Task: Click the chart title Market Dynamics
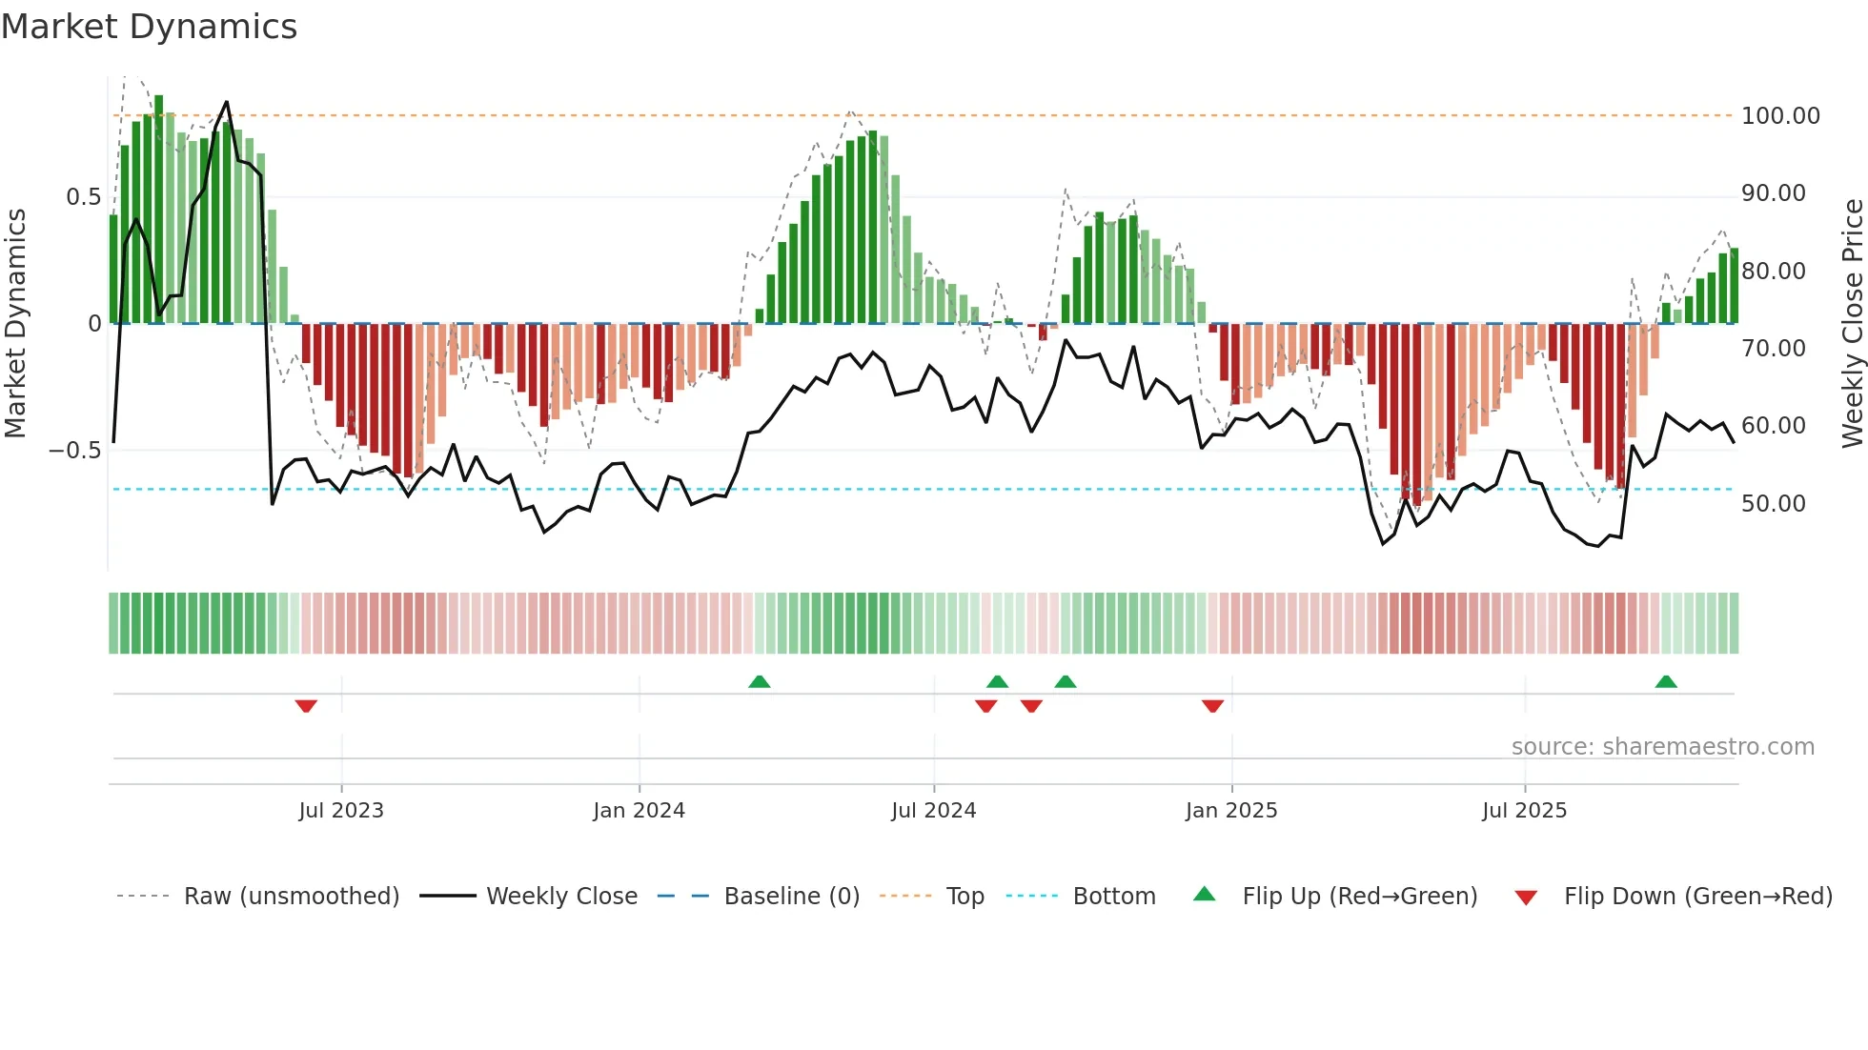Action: tap(150, 27)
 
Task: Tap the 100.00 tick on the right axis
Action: tap(1779, 116)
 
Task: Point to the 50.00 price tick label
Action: tap(1773, 504)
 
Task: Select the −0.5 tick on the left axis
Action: tap(75, 451)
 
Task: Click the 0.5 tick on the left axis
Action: tap(83, 197)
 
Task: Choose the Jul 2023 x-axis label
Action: tap(340, 811)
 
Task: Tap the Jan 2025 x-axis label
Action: tap(1230, 811)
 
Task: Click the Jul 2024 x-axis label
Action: tap(933, 811)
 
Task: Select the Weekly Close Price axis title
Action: tap(1852, 323)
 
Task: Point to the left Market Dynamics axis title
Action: tap(15, 323)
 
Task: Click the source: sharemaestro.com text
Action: tap(1662, 747)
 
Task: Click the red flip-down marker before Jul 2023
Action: tap(306, 706)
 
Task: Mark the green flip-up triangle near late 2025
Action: tap(1666, 681)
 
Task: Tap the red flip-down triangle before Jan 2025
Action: tap(1212, 706)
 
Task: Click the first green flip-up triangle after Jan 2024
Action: tap(759, 681)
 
